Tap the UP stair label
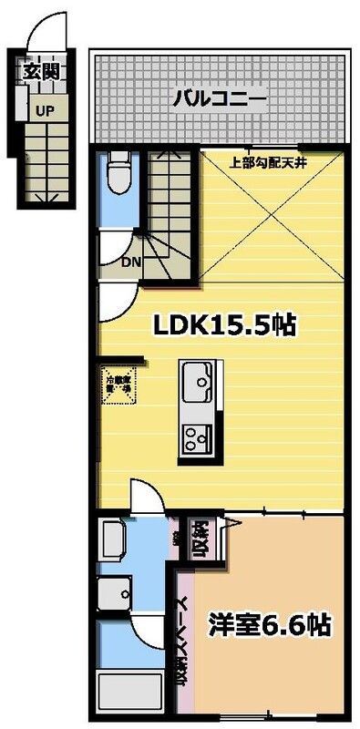coord(43,110)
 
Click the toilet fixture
coord(118,171)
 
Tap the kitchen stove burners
coord(196,438)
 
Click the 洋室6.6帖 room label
coord(269,626)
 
